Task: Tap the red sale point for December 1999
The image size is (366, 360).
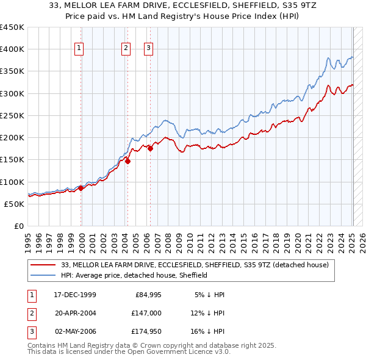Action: point(81,189)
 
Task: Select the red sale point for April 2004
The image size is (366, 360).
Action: point(127,161)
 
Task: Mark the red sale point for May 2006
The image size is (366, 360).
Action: point(150,148)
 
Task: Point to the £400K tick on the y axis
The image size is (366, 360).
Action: point(12,49)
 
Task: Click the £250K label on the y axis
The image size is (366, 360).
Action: point(12,115)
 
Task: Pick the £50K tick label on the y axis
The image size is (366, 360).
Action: point(15,204)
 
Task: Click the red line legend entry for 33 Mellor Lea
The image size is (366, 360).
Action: point(195,265)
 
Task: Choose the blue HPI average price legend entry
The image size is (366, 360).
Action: point(134,275)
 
